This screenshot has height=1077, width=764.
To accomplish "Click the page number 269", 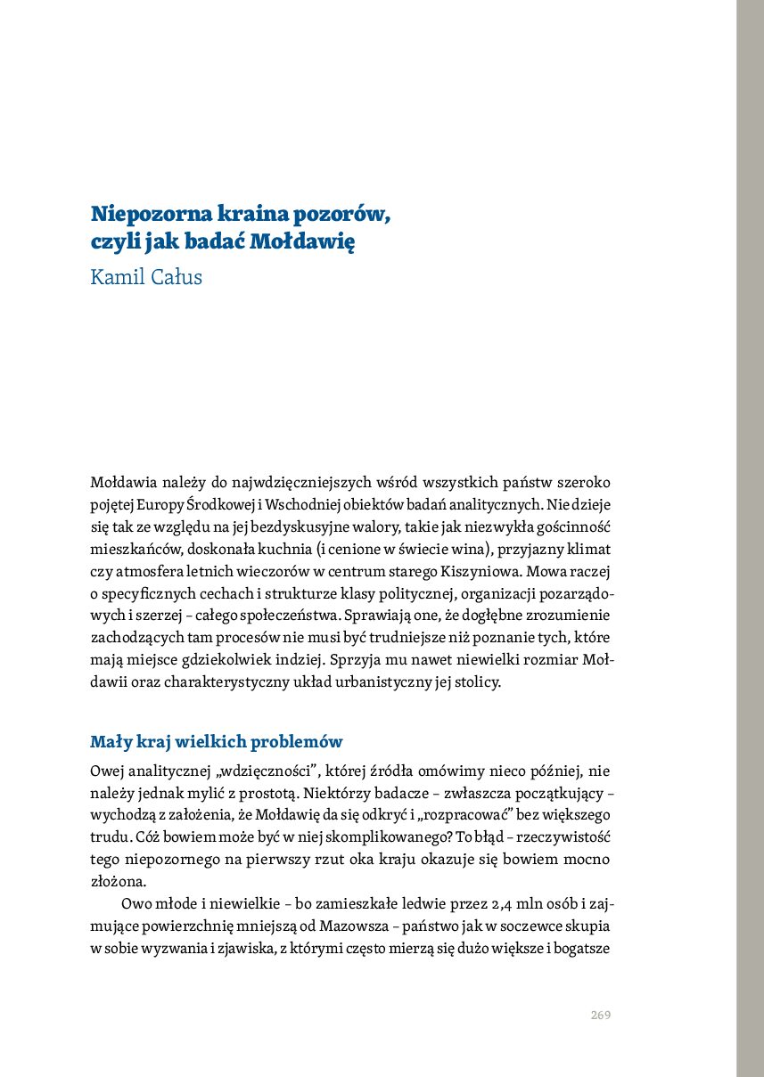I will point(600,1016).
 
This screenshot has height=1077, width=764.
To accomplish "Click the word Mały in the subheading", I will point(109,742).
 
